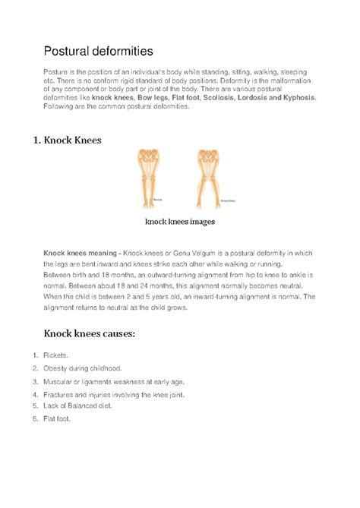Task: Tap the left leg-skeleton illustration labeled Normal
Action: pyautogui.click(x=149, y=178)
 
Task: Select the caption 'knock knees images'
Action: pyautogui.click(x=180, y=222)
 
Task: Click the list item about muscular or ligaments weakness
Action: pyautogui.click(x=114, y=381)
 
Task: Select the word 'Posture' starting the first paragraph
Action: pyautogui.click(x=55, y=70)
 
